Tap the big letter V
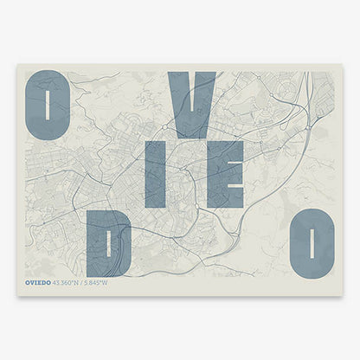(191, 105)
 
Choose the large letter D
(109, 245)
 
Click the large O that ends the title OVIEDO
(312, 245)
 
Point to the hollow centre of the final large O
(312, 245)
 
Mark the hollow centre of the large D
(111, 245)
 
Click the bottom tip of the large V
(191, 136)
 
